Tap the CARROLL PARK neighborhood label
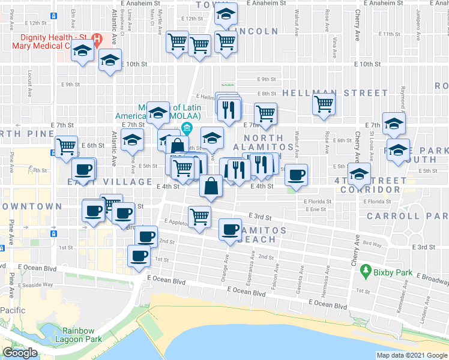[x=407, y=215]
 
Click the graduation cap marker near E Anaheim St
[x=225, y=14]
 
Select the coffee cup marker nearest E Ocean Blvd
[x=139, y=256]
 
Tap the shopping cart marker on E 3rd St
[x=199, y=217]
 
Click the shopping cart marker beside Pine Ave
[x=66, y=146]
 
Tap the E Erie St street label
[x=315, y=209]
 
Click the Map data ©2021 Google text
[x=411, y=355]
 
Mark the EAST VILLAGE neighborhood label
[x=110, y=181]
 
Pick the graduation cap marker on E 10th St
[x=110, y=62]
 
